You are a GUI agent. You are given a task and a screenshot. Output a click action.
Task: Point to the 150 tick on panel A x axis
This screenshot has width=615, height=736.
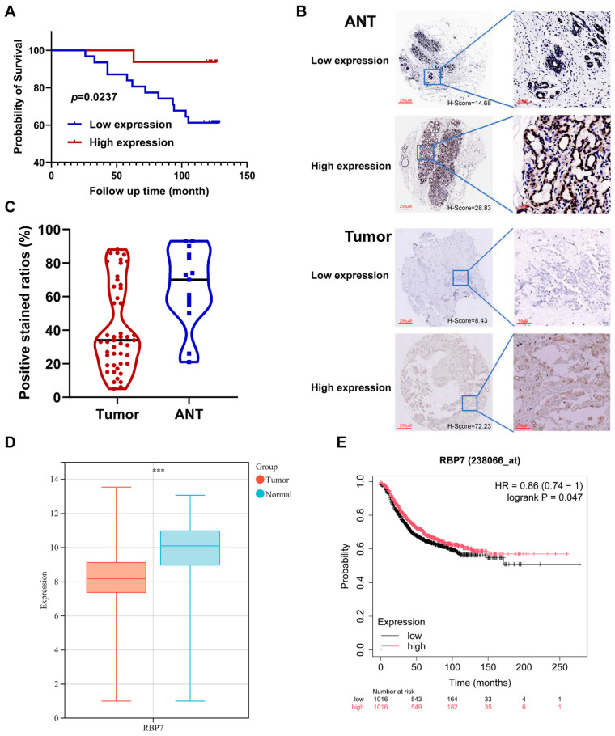(248, 175)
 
